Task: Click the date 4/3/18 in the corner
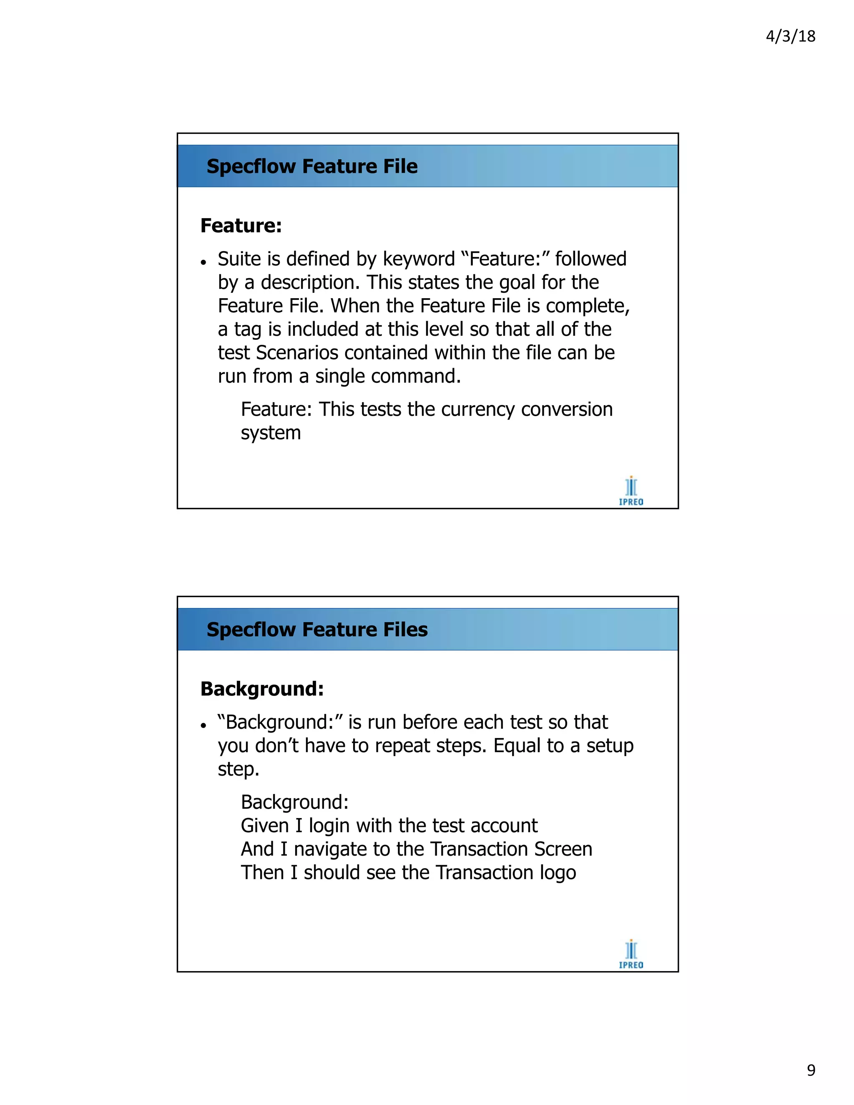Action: [x=790, y=36]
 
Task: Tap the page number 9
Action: [x=811, y=1070]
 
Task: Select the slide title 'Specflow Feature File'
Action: [x=312, y=166]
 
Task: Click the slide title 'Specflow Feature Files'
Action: [x=317, y=629]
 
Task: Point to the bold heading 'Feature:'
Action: [x=241, y=226]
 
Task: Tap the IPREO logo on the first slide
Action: [x=631, y=491]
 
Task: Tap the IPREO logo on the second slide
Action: [x=631, y=954]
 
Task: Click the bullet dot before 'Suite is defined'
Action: [x=203, y=262]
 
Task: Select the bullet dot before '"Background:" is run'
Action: [x=203, y=726]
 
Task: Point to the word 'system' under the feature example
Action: [x=271, y=433]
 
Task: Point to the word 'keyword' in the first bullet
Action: [x=418, y=259]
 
